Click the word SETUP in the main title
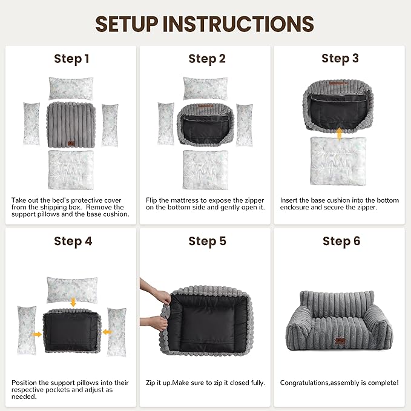tap(127, 24)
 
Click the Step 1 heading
tap(71, 59)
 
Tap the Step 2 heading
tap(207, 59)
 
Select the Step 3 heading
tap(340, 59)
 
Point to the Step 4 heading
tap(73, 242)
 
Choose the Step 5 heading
tap(207, 242)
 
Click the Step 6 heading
tap(341, 241)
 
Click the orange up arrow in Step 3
tap(339, 134)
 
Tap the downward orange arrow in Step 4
tap(73, 301)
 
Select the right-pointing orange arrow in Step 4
tap(36, 334)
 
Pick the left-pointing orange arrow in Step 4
tap(107, 332)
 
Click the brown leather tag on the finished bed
tap(340, 341)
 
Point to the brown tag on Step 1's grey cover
tap(71, 143)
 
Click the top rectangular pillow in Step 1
tap(71, 88)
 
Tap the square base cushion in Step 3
tap(338, 161)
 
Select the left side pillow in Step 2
tap(166, 124)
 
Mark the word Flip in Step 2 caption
tap(151, 200)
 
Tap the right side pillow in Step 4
tap(117, 332)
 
